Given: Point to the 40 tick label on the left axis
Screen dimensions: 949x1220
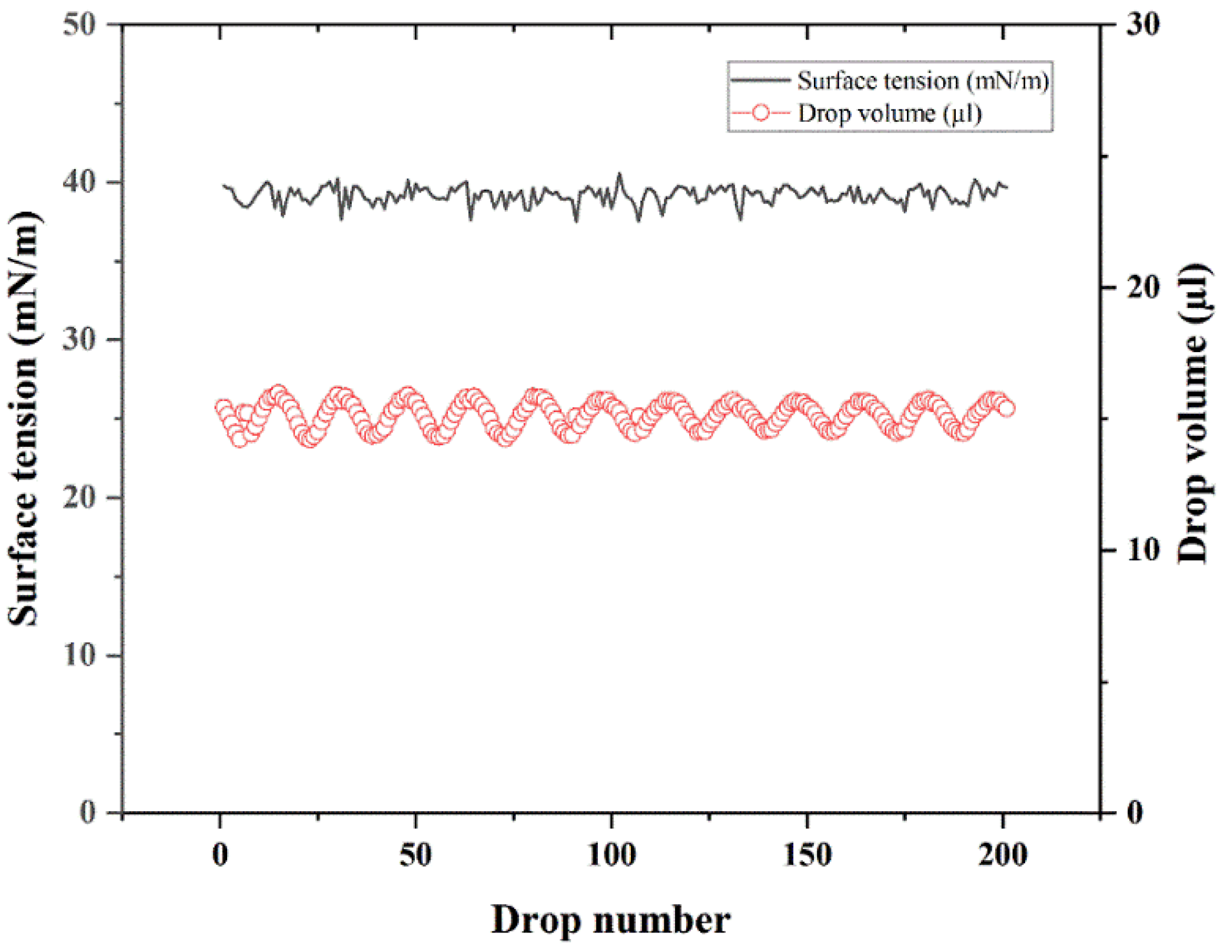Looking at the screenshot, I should click(79, 181).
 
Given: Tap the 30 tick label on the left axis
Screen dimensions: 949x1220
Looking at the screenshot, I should click(79, 339).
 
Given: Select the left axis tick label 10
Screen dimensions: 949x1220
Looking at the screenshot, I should click(79, 655).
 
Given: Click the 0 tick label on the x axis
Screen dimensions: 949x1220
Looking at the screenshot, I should click(220, 855).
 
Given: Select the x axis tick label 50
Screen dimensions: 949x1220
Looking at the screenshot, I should click(415, 855).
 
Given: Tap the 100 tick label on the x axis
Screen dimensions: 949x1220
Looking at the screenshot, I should click(611, 855).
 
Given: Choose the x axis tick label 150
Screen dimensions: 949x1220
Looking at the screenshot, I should click(807, 855).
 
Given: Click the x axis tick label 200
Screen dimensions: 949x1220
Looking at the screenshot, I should click(1003, 855).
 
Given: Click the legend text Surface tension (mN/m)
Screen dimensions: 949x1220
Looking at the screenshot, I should click(923, 81).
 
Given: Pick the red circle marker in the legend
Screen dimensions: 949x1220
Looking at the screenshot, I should click(760, 113).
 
